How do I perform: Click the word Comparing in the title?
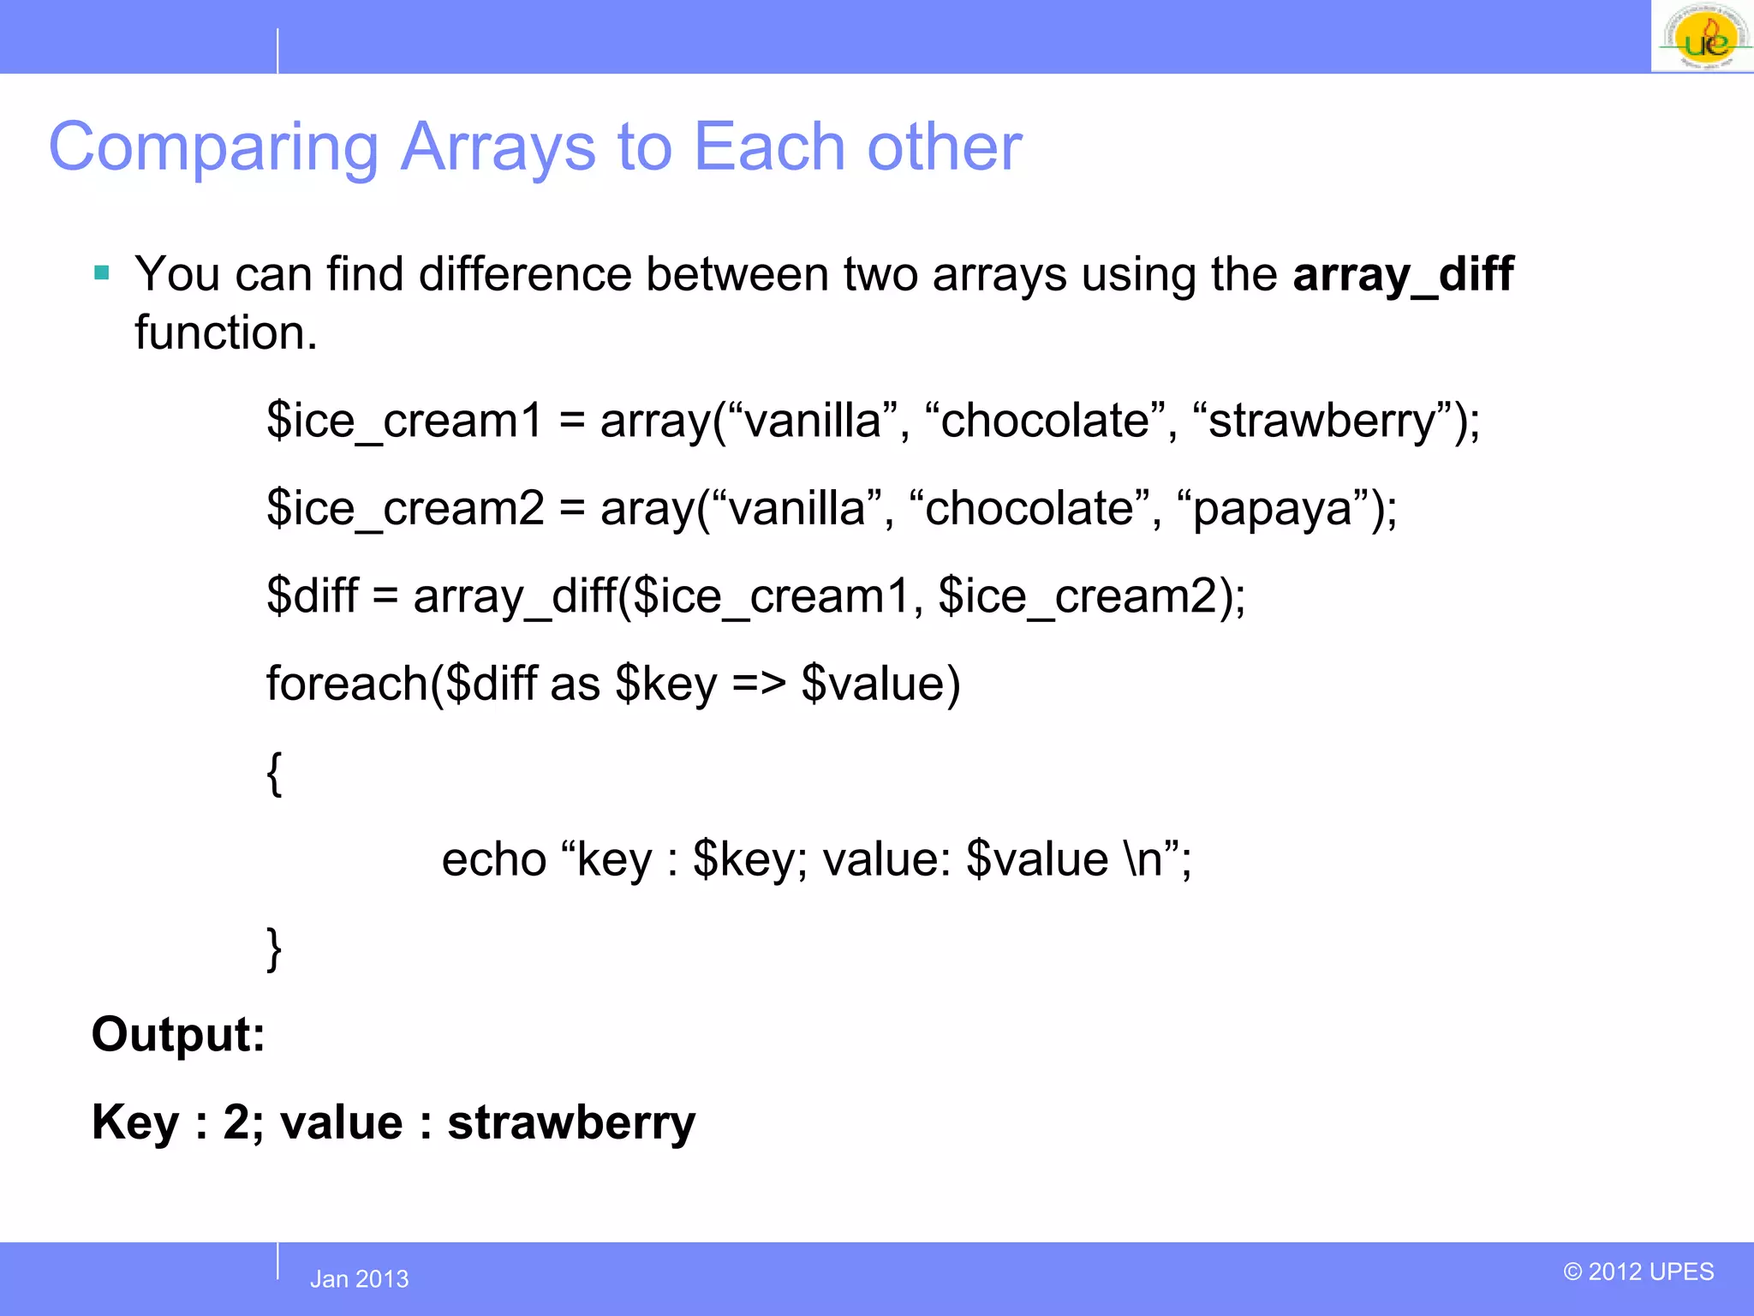tap(213, 147)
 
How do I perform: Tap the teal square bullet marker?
tap(102, 273)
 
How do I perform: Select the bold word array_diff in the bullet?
tap(1402, 275)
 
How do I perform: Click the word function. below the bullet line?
tap(226, 333)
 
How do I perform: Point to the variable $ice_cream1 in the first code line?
tap(404, 421)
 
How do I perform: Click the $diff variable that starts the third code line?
tap(313, 596)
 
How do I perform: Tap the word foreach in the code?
tap(347, 684)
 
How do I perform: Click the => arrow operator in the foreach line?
tap(759, 684)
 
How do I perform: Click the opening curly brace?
tap(274, 773)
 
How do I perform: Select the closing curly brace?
tap(274, 948)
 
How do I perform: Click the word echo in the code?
tap(494, 859)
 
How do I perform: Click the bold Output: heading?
tap(178, 1035)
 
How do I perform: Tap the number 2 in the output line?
tap(236, 1122)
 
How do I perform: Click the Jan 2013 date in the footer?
tap(359, 1279)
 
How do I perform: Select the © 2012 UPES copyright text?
tap(1638, 1271)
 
